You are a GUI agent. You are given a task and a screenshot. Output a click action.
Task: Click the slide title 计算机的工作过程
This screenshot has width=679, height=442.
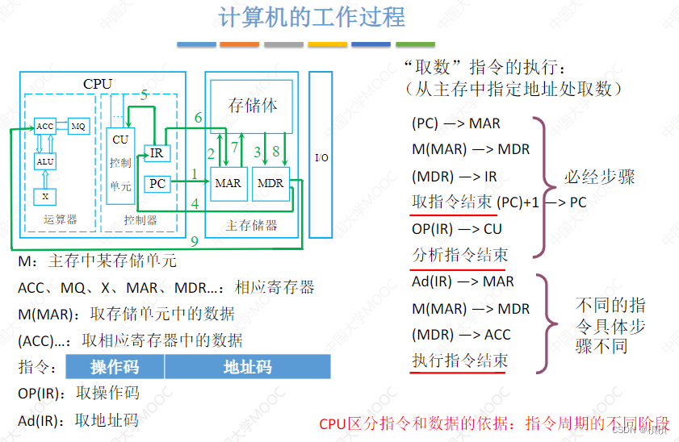(x=312, y=17)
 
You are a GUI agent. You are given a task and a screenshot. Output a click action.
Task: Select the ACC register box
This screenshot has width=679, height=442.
(x=44, y=127)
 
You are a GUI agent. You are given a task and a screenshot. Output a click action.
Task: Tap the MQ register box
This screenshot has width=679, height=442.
(x=78, y=127)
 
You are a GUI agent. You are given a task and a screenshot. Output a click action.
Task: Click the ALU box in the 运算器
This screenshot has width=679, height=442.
(x=45, y=162)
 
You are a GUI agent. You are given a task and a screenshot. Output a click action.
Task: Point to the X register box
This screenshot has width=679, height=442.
(x=44, y=196)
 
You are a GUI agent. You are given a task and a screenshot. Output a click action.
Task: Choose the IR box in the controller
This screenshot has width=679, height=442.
(x=157, y=152)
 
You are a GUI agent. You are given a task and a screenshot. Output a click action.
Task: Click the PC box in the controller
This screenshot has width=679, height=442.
(x=157, y=184)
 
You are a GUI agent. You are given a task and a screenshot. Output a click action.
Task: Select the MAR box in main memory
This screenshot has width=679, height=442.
(x=228, y=184)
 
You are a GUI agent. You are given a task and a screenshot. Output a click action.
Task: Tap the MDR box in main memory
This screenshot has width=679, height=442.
(x=270, y=184)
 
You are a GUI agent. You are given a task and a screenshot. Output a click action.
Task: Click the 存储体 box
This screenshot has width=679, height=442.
(x=254, y=106)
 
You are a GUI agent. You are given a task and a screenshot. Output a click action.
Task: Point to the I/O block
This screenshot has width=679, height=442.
(x=321, y=156)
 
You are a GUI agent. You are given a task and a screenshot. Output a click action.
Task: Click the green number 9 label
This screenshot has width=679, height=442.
(x=194, y=241)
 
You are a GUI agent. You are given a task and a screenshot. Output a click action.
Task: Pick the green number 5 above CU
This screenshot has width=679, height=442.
(x=144, y=95)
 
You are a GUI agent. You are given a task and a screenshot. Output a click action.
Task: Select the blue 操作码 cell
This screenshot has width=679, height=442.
(x=115, y=368)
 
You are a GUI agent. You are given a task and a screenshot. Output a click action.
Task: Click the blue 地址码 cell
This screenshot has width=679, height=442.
(x=247, y=368)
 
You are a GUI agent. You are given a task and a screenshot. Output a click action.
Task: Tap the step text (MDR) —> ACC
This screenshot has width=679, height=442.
(x=461, y=335)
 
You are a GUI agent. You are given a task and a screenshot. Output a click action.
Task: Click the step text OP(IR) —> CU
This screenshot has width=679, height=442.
(x=456, y=229)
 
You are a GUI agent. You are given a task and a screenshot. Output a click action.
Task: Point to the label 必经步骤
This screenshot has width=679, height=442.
(x=599, y=177)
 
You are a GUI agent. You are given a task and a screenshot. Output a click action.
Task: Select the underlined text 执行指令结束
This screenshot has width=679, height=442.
(x=459, y=361)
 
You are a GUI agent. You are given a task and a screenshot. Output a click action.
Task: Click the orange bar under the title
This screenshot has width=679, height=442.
(x=239, y=44)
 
